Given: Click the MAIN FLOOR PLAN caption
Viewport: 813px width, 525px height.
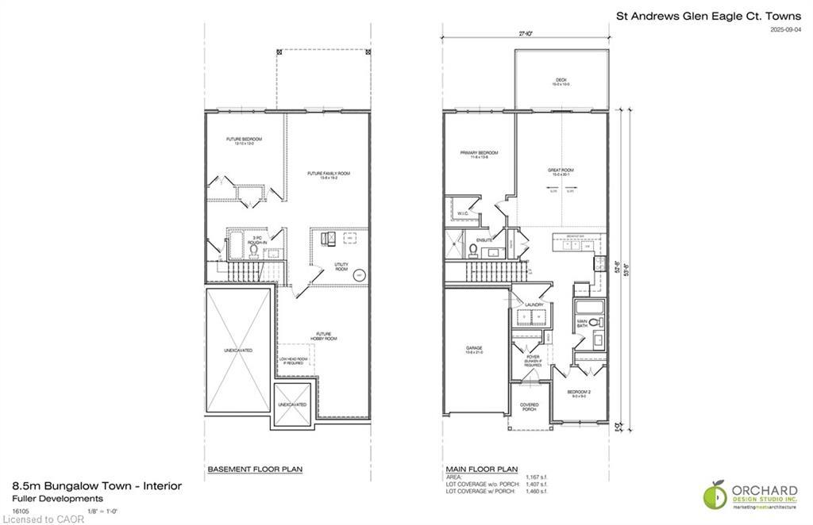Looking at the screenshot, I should (x=481, y=469).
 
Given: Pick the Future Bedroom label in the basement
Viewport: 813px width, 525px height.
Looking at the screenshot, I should (x=244, y=140).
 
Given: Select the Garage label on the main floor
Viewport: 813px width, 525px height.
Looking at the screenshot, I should (x=475, y=348).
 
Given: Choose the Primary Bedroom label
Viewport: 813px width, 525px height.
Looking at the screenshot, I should (x=479, y=153).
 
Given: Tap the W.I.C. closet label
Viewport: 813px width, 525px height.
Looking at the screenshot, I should (x=464, y=213).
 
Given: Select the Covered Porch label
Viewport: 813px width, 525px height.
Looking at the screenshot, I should (x=529, y=407).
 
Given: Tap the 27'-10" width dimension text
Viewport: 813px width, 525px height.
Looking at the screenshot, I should (x=525, y=34).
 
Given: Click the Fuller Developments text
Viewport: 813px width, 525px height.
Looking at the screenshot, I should (x=57, y=498).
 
